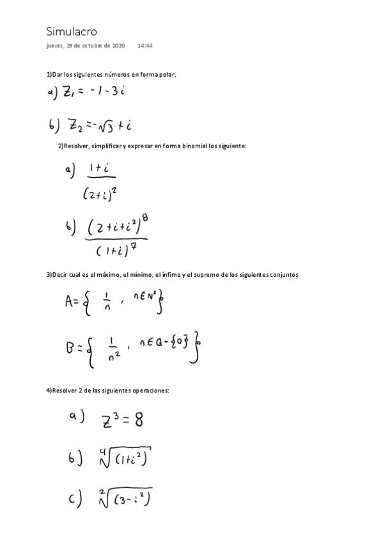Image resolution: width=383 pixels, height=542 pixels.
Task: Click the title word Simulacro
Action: tap(72, 31)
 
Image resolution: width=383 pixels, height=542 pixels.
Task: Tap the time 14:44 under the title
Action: tap(145, 46)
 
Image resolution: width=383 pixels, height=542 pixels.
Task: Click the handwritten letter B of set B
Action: tap(70, 348)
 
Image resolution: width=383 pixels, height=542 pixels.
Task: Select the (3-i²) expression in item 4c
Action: tap(133, 499)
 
